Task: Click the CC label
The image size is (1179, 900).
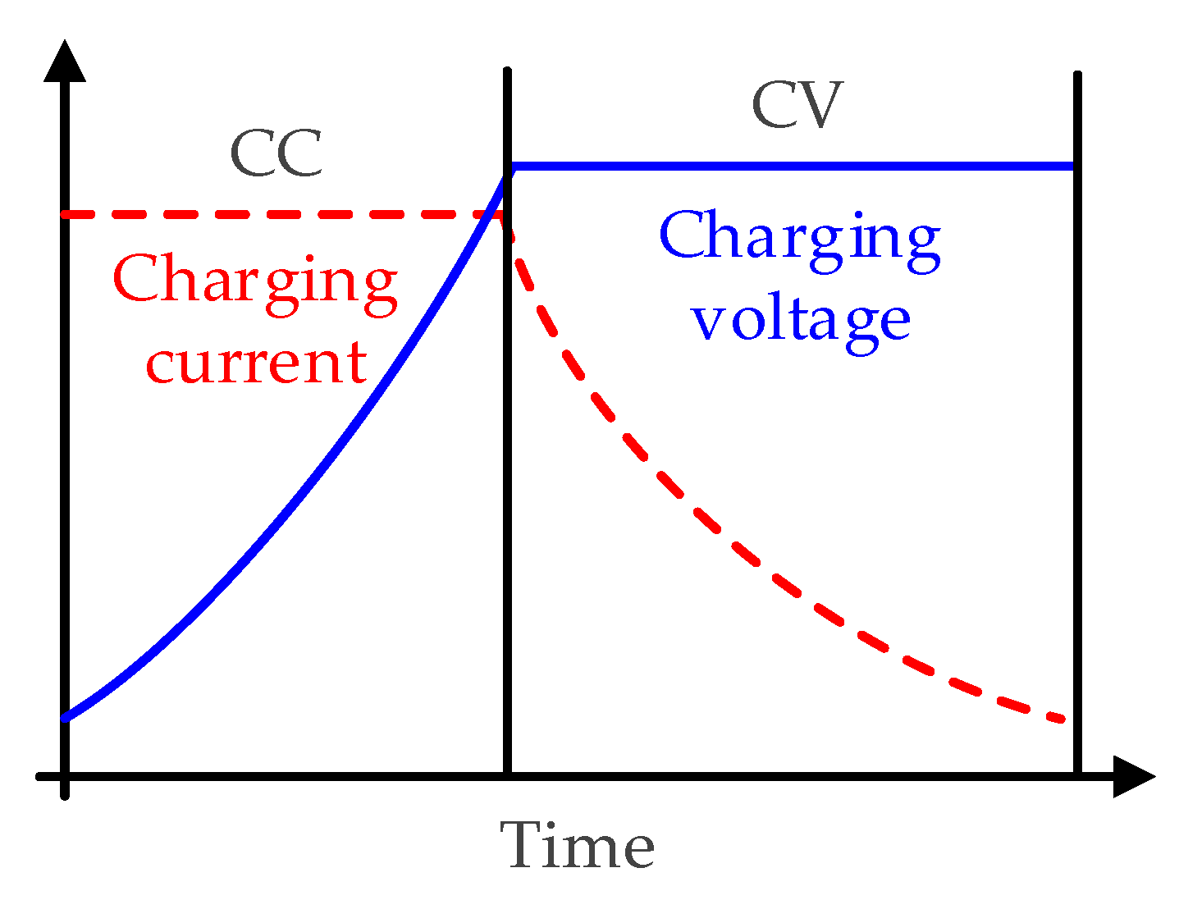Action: [x=276, y=153]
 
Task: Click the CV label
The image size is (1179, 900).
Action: [x=797, y=105]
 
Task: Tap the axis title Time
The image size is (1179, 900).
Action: [x=578, y=845]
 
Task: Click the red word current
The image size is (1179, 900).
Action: [x=256, y=362]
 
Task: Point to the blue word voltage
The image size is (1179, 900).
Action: [x=800, y=319]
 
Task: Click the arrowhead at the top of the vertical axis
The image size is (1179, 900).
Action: [x=65, y=62]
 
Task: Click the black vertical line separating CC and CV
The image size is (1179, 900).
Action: [x=507, y=492]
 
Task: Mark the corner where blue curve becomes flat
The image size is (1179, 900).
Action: [x=511, y=167]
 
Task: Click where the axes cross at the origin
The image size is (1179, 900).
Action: [x=65, y=776]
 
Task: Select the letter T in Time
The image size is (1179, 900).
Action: [x=524, y=845]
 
